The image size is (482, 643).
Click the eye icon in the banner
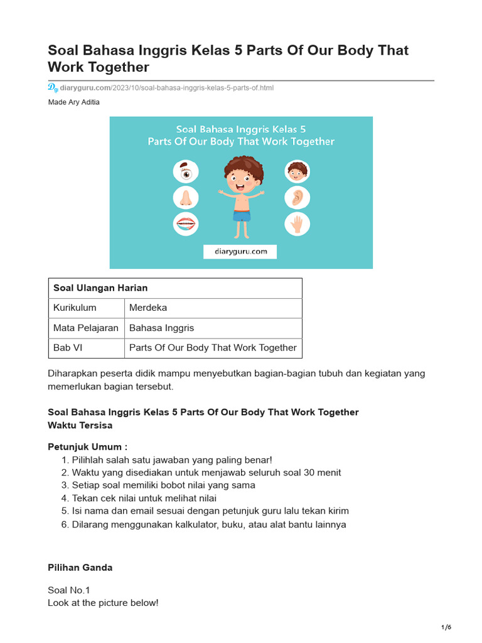pyautogui.click(x=185, y=171)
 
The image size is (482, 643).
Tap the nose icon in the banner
pyautogui.click(x=185, y=197)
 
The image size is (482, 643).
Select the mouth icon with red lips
pyautogui.click(x=185, y=224)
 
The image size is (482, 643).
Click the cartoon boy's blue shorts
pyautogui.click(x=242, y=216)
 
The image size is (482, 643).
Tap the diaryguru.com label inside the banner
pyautogui.click(x=240, y=251)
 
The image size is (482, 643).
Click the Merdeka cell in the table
pyautogui.click(x=148, y=308)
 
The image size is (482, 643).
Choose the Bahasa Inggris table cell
pyautogui.click(x=161, y=328)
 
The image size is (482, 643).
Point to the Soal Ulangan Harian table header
pyautogui.click(x=100, y=288)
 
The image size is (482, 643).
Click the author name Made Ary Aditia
pyautogui.click(x=73, y=102)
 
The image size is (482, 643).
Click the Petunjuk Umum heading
pyautogui.click(x=87, y=447)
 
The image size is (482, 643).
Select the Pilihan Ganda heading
pyautogui.click(x=80, y=568)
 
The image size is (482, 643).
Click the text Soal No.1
pyautogui.click(x=69, y=590)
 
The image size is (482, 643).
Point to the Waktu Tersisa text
pyautogui.click(x=80, y=425)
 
